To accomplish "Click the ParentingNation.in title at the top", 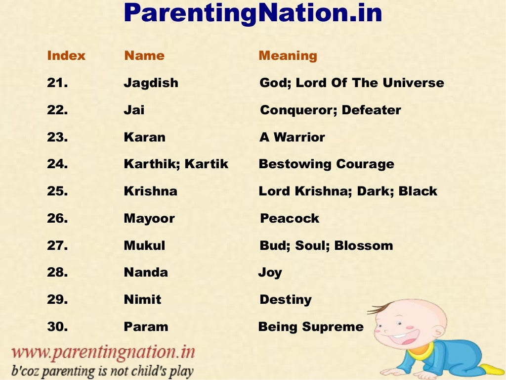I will (253, 13).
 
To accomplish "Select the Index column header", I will (66, 56).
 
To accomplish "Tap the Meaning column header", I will (288, 56).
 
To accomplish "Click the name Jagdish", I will (151, 83).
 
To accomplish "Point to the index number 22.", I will (57, 110).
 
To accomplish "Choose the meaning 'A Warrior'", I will (292, 138).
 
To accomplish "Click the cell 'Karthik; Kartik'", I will (176, 164).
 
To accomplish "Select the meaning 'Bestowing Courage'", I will (326, 164).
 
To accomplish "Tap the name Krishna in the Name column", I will (150, 191).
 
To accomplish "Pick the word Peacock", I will (290, 219).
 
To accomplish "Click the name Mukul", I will (144, 245).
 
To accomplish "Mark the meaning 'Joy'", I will (270, 273).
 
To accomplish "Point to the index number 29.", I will (57, 300).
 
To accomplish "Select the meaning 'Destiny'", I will (286, 300).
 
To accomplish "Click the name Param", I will (146, 327).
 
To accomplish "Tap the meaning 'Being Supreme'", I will (311, 327).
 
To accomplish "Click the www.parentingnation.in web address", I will (103, 353).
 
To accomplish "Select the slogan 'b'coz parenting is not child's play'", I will (102, 371).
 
